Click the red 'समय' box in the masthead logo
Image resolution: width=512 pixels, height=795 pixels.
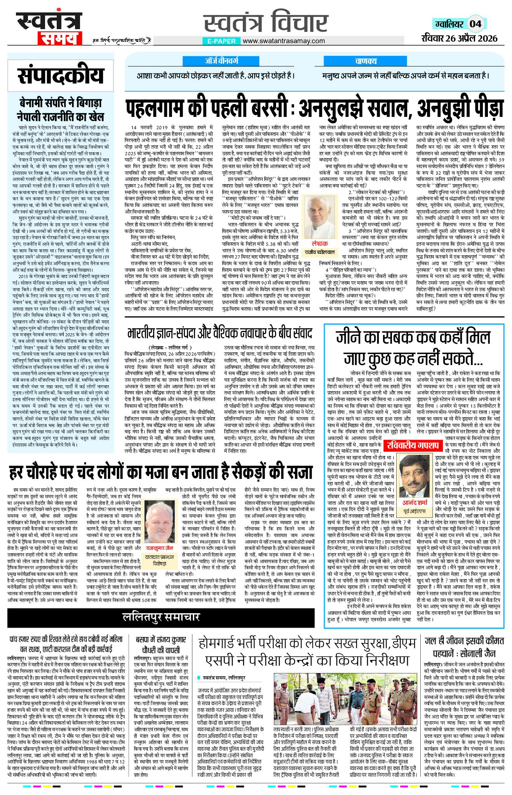pos(59,38)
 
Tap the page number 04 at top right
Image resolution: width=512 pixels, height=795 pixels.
pos(475,24)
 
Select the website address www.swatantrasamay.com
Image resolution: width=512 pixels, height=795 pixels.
pos(284,41)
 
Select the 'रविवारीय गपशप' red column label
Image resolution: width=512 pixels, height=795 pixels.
pos(413,445)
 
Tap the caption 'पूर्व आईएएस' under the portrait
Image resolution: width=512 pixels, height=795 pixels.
pos(414,510)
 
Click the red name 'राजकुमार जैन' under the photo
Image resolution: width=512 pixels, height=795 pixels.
pos(160,548)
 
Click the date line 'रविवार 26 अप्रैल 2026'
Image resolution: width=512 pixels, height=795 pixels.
pos(459,38)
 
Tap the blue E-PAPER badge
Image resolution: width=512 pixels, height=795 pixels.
pos(221,41)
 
